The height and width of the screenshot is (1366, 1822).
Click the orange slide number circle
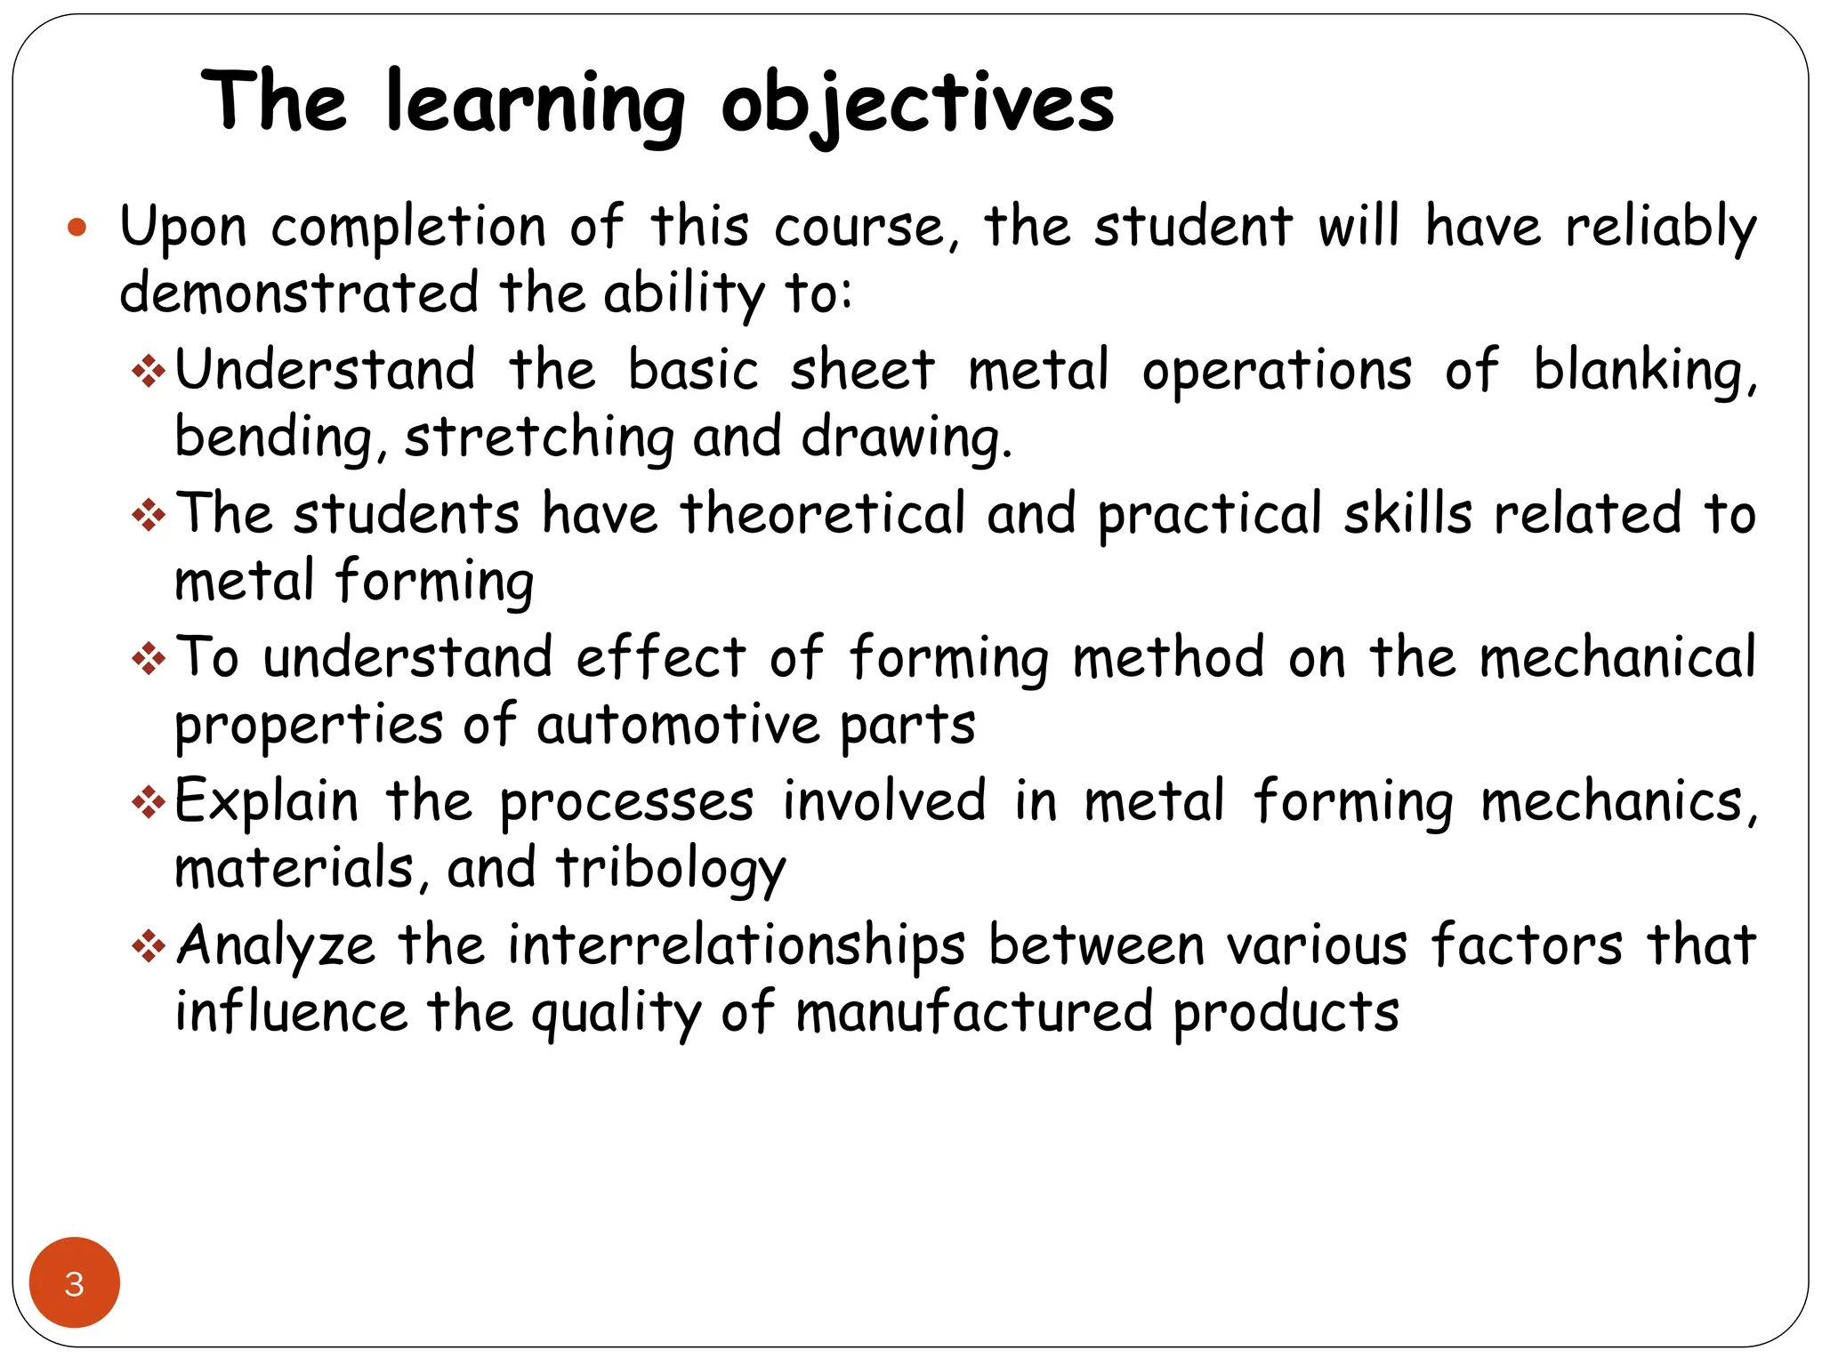pos(75,1282)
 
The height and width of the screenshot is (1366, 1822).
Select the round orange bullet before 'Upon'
pos(77,228)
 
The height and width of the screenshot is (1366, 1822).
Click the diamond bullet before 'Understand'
pos(149,371)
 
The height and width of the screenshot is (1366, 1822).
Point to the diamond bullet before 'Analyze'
pos(149,945)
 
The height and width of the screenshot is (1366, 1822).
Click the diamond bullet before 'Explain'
pos(149,803)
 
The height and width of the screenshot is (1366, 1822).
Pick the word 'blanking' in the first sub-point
pos(1643,371)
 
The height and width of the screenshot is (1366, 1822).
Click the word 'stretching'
pos(539,438)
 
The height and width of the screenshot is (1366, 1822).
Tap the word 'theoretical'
pos(823,514)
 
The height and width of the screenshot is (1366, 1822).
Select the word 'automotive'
pos(678,725)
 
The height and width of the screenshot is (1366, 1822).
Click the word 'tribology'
pos(671,869)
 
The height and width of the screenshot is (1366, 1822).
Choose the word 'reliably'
pos(1661,228)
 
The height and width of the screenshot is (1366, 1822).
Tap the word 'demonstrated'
pos(300,293)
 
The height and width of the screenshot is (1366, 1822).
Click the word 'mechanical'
pos(1617,658)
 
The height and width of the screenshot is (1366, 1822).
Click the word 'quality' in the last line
pos(617,1014)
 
